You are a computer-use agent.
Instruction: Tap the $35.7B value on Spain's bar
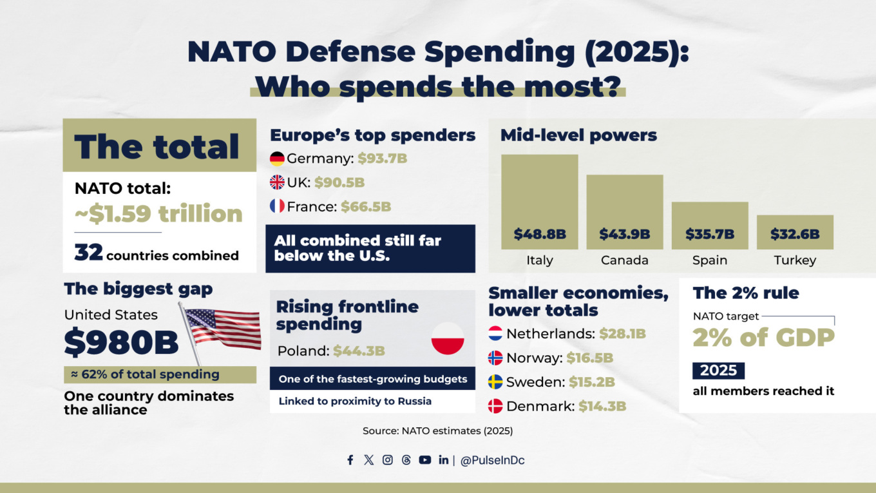[710, 234]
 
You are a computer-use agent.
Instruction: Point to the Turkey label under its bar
[795, 260]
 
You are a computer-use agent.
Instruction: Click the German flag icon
[277, 159]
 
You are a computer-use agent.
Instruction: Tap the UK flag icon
[277, 182]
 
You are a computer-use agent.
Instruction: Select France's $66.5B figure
[365, 207]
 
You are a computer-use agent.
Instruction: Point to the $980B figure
[121, 343]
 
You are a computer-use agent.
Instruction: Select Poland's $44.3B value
[359, 351]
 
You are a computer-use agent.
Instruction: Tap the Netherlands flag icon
[495, 334]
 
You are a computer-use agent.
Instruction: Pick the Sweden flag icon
[495, 382]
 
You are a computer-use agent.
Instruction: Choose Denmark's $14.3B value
[602, 407]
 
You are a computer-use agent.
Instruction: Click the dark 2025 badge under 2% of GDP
[718, 371]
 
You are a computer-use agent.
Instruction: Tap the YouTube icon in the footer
[424, 460]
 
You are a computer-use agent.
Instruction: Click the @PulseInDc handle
[492, 461]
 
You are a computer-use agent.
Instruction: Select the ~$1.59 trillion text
[158, 213]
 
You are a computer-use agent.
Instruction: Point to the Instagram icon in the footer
[388, 460]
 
